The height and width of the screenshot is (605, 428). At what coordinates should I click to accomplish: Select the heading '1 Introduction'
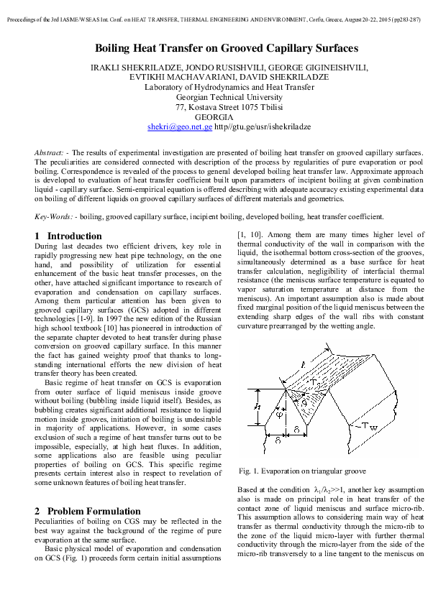[68, 236]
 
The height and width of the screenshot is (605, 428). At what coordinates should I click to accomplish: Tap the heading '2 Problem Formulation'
[88, 511]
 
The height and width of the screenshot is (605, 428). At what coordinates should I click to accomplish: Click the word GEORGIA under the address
[214, 116]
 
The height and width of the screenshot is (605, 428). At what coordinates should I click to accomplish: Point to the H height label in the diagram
[258, 407]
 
